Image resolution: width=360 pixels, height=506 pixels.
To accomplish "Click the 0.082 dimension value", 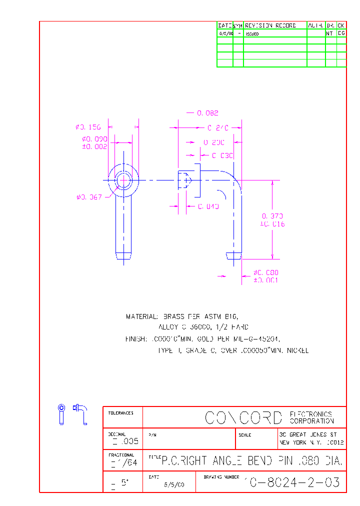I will pos(207,113).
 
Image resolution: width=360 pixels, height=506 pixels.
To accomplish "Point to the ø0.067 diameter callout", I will pos(89,197).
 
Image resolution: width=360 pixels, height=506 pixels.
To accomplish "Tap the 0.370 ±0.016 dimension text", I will pos(272,220).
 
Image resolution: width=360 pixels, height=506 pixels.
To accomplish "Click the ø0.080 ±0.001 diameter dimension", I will pos(265,276).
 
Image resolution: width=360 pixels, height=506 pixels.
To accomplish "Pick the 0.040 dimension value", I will pos(208,206).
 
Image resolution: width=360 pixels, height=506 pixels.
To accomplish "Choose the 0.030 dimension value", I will pos(222,155).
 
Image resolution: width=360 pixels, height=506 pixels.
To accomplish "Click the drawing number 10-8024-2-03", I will pos(292,482).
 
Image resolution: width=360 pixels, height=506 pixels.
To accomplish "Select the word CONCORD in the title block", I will pos(243,417).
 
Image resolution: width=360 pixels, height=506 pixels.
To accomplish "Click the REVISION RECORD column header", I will pos(270,25).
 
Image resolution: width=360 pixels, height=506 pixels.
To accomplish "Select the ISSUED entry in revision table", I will pos(252,34).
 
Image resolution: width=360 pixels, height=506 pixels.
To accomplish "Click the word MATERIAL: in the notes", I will pos(142,316).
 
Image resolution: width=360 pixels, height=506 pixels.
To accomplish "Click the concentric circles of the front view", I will pos(123,180).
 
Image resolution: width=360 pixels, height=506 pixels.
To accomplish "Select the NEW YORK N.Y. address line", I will pos(311,442).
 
